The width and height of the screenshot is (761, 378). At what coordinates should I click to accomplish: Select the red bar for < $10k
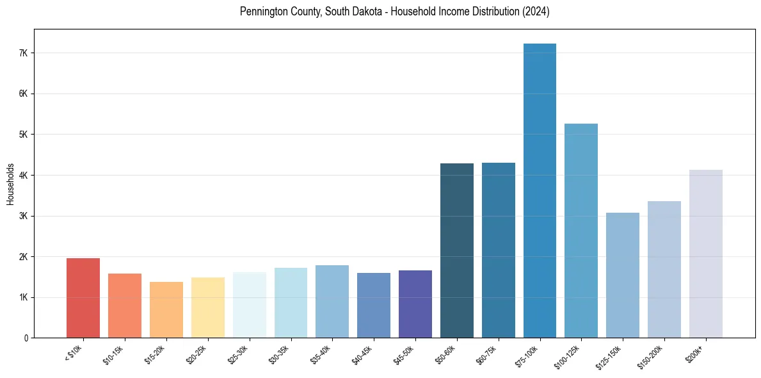[x=83, y=298]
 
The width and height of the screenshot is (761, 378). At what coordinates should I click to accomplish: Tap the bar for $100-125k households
[x=581, y=231]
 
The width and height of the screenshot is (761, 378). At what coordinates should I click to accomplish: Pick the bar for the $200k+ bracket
[x=705, y=254]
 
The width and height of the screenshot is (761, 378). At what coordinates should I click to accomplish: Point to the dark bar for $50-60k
[x=457, y=251]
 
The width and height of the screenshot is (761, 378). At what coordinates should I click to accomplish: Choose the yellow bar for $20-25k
[x=207, y=308]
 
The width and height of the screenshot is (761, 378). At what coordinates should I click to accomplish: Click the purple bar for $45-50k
[x=415, y=304]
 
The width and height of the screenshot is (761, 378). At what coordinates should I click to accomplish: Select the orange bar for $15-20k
[x=166, y=309]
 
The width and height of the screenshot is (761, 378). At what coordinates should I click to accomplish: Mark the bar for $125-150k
[x=623, y=275]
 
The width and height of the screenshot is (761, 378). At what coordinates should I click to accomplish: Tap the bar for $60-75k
[x=499, y=250]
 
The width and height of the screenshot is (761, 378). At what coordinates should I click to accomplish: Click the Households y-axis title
[x=10, y=184]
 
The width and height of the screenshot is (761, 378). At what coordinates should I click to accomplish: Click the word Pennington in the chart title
[x=264, y=12]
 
